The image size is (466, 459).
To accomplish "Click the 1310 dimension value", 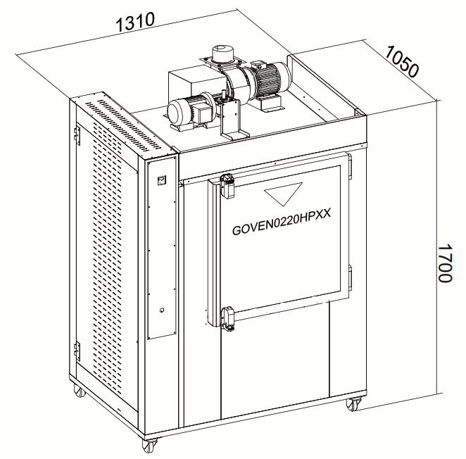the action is [135, 21].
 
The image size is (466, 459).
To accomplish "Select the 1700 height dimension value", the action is [445, 263].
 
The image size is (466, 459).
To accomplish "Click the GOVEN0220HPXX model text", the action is [281, 225].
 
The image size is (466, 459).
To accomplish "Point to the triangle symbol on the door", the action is [283, 194].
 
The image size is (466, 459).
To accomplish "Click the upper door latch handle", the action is [227, 186].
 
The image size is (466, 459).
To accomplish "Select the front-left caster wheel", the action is [149, 445].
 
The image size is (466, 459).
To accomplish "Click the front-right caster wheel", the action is [353, 405].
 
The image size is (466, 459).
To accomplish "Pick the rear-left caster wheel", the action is [80, 390].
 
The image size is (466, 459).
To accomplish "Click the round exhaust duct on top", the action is [223, 54].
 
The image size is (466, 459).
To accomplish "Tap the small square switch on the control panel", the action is [162, 180].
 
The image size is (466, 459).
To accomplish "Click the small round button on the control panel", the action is [162, 310].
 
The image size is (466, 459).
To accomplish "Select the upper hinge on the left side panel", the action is [77, 135].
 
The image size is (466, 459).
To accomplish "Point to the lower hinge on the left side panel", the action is [77, 351].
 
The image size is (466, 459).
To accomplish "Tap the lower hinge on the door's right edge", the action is [350, 279].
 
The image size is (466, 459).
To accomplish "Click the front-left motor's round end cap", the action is [177, 113].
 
